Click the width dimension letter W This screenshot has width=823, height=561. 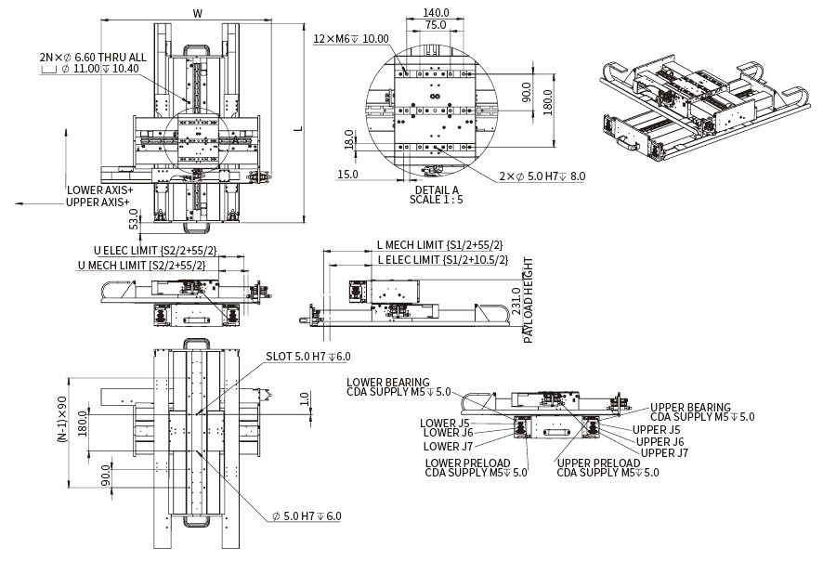pos(197,13)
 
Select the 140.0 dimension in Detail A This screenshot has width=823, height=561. pos(435,13)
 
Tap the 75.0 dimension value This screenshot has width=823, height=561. pos(435,25)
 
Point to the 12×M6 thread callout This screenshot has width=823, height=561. pos(350,39)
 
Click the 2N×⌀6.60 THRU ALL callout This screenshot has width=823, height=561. pos(92,57)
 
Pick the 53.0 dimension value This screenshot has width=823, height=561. pos(133,219)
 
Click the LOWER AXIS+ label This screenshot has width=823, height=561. pos(99,189)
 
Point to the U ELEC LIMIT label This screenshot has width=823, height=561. pos(155,251)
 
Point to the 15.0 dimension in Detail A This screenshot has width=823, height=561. pos(348,175)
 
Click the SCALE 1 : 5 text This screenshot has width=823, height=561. pos(435,199)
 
